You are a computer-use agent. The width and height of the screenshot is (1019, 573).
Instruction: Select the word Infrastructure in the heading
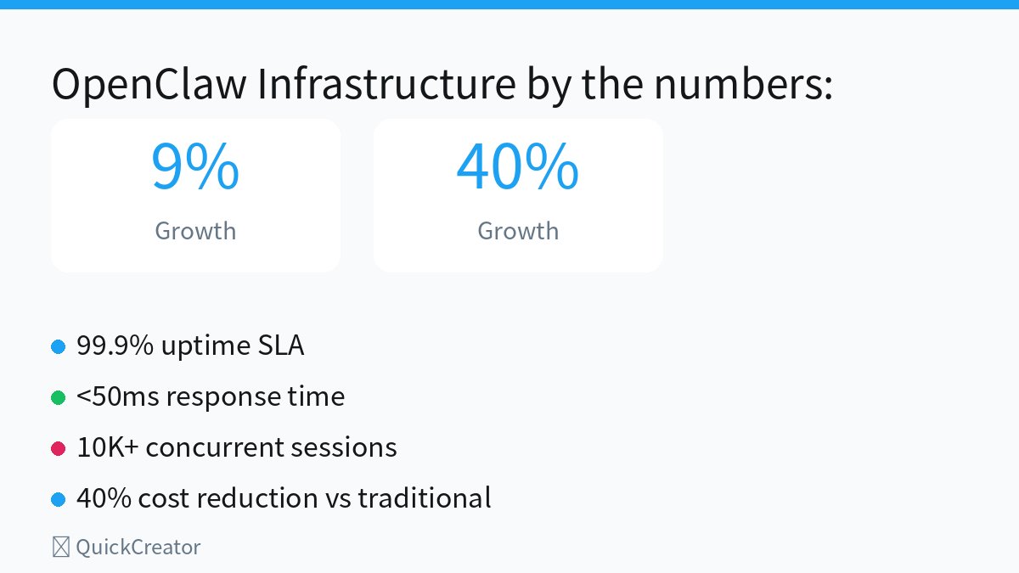pos(386,85)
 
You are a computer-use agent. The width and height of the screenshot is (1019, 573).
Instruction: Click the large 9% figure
pos(195,167)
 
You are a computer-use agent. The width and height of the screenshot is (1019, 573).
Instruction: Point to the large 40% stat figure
pos(518,167)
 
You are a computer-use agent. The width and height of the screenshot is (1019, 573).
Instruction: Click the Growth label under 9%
pos(195,231)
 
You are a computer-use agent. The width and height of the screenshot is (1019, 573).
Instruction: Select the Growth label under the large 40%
pos(518,231)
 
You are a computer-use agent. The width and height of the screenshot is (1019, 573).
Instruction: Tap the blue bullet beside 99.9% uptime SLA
pos(59,346)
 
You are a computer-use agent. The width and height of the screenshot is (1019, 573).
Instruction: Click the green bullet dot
pos(59,397)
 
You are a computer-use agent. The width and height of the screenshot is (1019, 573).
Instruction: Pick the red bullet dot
pos(59,448)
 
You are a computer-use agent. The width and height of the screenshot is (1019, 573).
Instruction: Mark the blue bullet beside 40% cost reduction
pos(59,499)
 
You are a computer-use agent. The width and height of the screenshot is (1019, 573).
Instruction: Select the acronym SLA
pos(280,346)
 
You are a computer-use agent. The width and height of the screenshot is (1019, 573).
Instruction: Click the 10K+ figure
pos(107,447)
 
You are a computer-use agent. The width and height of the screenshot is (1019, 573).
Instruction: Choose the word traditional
pos(424,498)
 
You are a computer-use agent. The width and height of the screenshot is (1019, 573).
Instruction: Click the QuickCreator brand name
pos(138,548)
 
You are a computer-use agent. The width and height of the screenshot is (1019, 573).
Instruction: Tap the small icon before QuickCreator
pos(60,548)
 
